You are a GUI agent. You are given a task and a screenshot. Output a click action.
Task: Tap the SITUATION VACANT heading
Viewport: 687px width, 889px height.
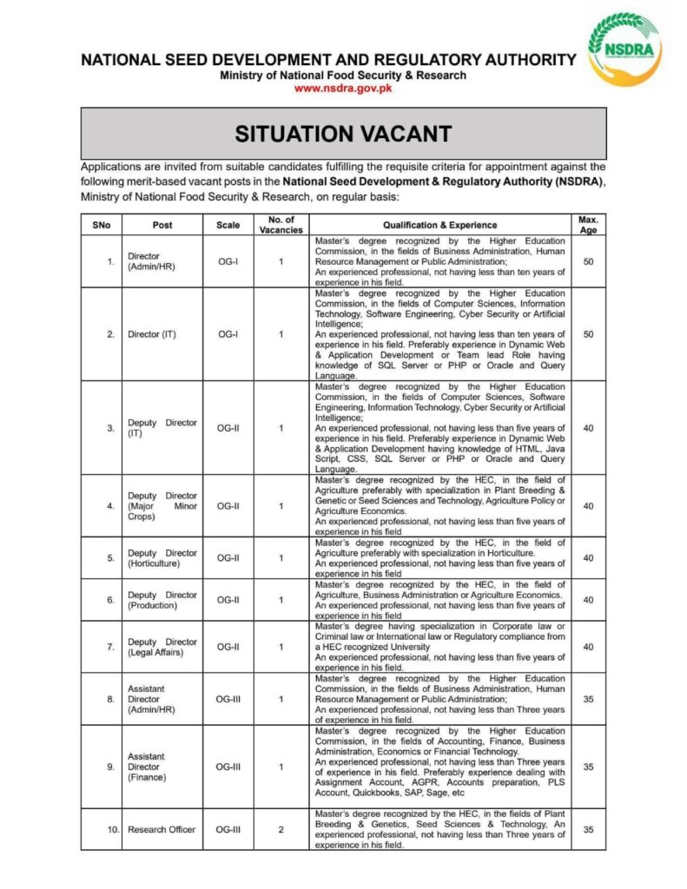[343, 134]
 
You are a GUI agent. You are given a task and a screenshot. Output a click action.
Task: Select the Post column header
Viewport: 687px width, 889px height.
[162, 225]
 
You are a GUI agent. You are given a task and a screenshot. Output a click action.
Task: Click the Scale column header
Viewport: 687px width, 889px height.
[228, 225]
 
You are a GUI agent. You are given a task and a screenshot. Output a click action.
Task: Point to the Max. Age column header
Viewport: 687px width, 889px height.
[588, 225]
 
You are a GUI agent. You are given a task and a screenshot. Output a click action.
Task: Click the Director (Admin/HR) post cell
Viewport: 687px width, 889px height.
[151, 261]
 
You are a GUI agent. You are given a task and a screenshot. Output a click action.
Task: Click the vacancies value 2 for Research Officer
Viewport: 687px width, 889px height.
[281, 829]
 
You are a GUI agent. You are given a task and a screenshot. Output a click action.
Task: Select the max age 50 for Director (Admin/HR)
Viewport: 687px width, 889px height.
[588, 261]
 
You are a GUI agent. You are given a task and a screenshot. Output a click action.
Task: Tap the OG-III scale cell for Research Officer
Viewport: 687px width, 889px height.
[228, 829]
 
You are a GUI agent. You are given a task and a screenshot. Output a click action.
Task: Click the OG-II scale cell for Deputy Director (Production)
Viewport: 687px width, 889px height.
[228, 600]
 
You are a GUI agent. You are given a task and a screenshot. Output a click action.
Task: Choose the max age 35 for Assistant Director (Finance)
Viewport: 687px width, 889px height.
[588, 767]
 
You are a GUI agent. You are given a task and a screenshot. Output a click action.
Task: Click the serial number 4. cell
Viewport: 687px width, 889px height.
[111, 506]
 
